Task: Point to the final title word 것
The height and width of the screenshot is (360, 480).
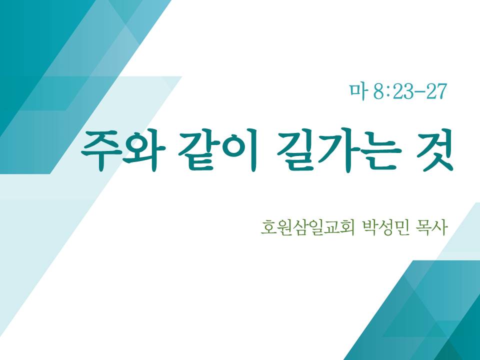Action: pos(434,150)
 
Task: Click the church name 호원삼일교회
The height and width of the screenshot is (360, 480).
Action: pos(307,227)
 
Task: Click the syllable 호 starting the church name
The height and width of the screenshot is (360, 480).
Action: pos(268,227)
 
